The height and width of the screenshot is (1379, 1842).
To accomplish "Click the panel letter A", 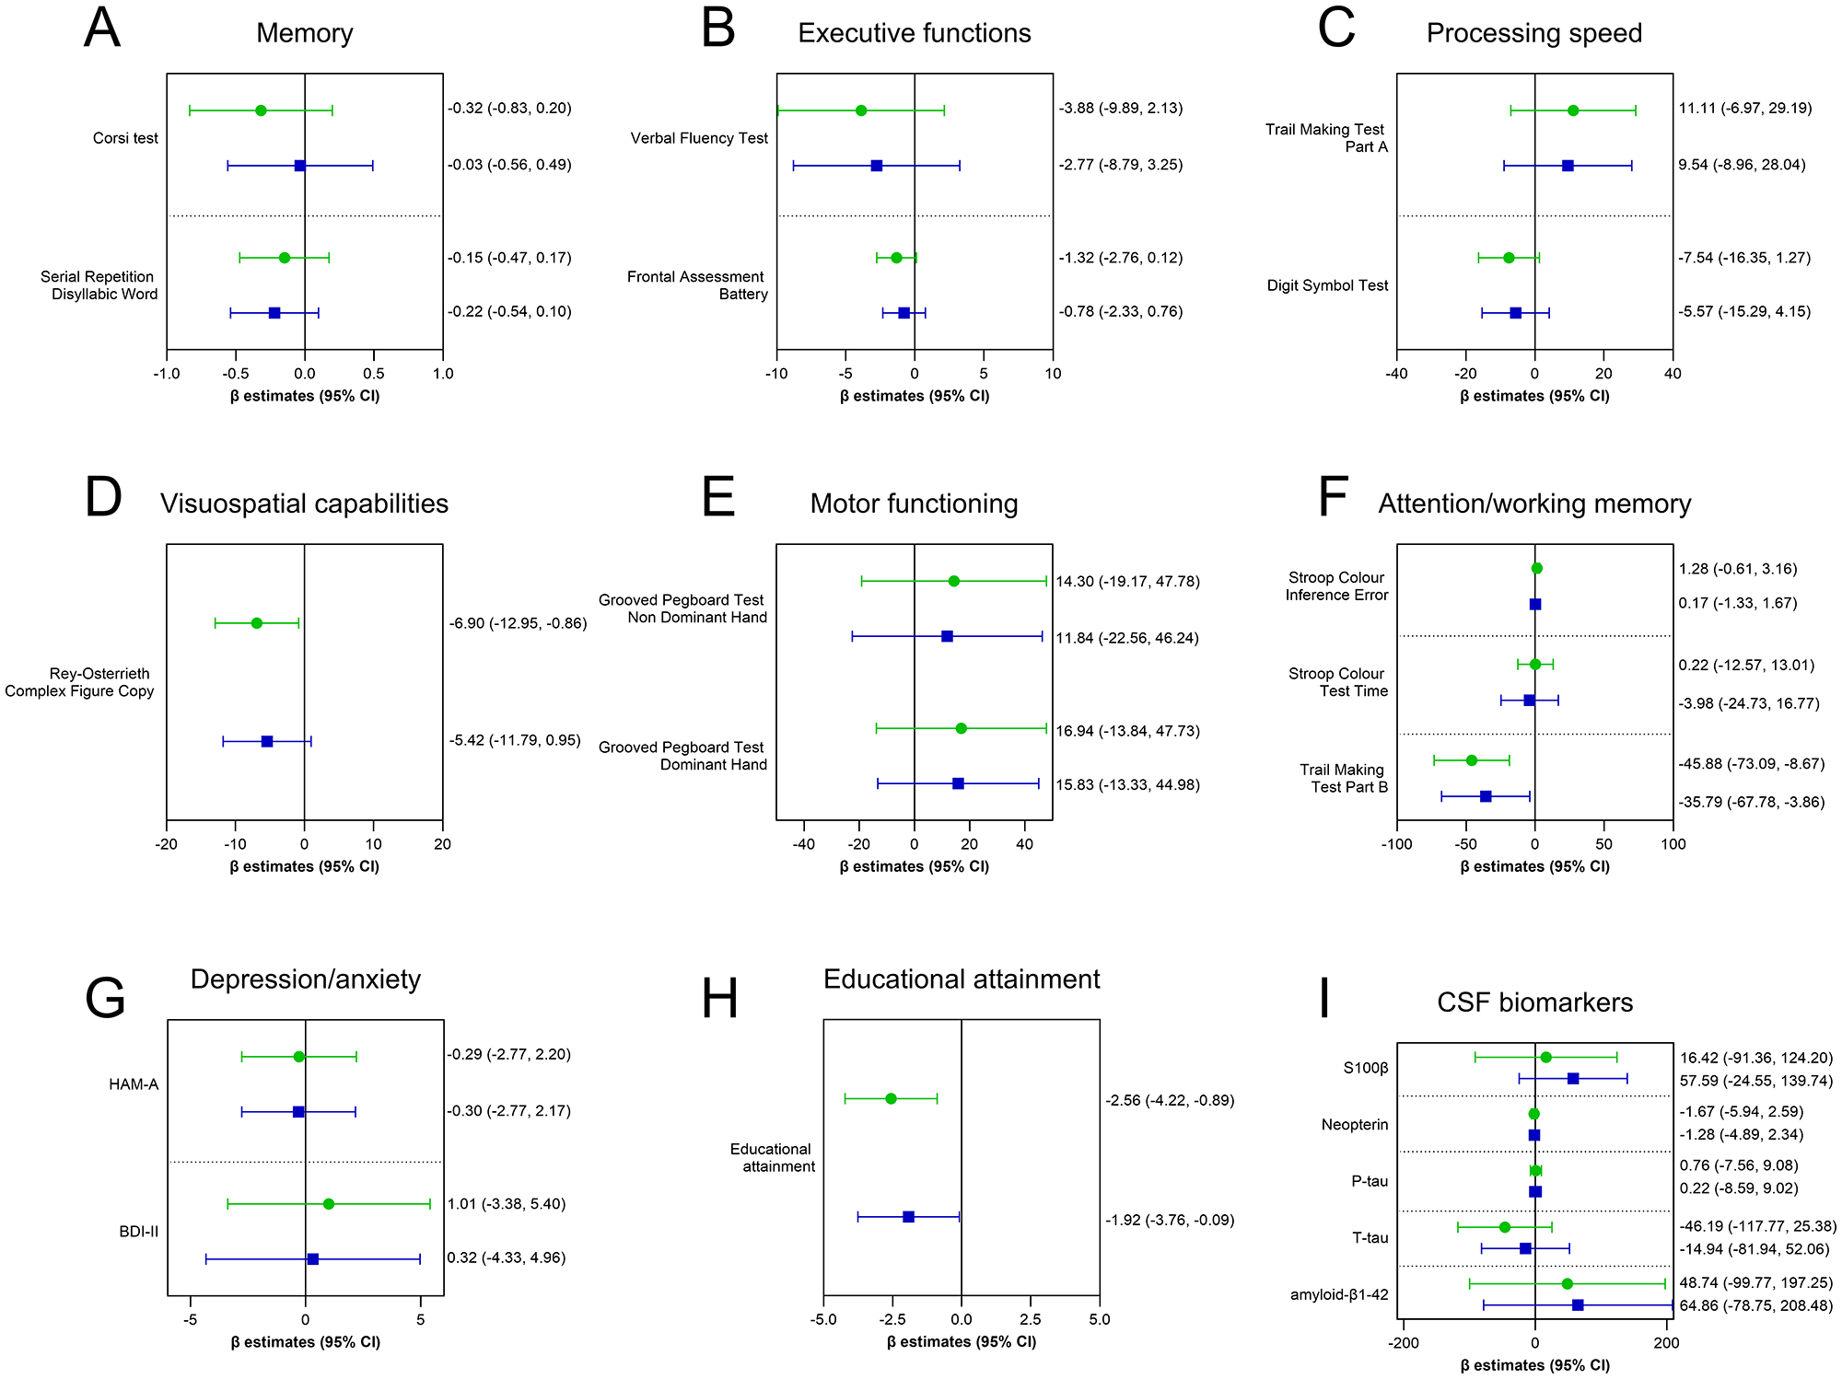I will [102, 29].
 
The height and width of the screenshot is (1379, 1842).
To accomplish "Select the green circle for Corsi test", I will [261, 110].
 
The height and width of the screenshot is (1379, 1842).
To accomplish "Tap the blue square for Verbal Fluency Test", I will [877, 166].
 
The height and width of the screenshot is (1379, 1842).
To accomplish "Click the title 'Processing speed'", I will [1533, 33].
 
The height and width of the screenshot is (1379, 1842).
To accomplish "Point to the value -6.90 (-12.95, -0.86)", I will [518, 623].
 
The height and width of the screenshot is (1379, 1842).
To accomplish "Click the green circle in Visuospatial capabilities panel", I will [257, 623].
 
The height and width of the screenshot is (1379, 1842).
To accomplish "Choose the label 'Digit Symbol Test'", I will [1327, 285].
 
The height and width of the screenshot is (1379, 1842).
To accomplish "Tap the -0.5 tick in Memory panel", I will [236, 374].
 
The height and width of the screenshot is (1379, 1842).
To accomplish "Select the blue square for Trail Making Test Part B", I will [1486, 796].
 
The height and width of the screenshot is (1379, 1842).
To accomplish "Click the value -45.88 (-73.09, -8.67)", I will [1751, 763].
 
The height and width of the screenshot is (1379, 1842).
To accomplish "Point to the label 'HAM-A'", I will [134, 1084].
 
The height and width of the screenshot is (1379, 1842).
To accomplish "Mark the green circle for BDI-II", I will [329, 1204].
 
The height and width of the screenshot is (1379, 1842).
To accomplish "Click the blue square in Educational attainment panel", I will [909, 1217].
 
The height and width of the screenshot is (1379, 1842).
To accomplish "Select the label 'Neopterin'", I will [1354, 1124].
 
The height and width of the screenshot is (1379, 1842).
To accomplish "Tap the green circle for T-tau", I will [1505, 1227].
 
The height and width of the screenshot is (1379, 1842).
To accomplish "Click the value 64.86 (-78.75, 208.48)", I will [1755, 1305].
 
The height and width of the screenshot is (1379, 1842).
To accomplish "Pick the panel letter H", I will [720, 999].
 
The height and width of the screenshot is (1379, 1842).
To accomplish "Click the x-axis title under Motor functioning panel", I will [914, 866].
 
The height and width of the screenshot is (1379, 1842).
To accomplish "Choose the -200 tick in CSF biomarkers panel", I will [1404, 1343].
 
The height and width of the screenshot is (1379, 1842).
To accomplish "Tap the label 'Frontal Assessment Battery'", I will [696, 285].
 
